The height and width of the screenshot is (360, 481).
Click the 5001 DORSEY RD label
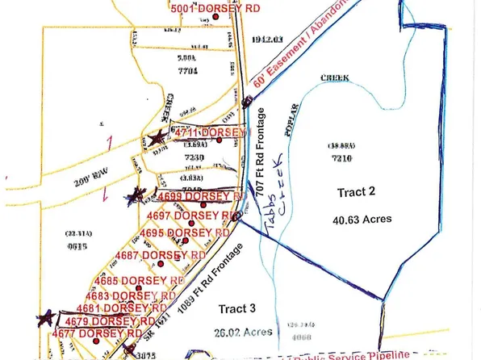(200, 7)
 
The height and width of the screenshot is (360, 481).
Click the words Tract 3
(236, 308)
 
